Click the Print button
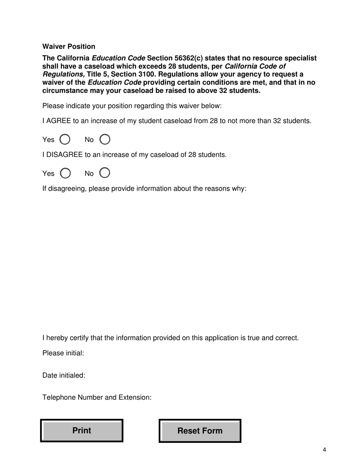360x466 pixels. coord(82,430)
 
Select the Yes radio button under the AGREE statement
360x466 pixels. coord(65,139)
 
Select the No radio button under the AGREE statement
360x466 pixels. coord(105,139)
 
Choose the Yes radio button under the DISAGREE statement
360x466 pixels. coord(65,173)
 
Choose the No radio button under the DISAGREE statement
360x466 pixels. coord(105,173)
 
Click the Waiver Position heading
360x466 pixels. coord(69,46)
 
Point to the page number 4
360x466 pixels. coord(324,450)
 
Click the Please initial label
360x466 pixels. coord(63,353)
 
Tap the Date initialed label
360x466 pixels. coord(64,375)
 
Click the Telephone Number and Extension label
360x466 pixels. coord(97,397)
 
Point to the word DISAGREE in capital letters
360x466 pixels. coord(64,155)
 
